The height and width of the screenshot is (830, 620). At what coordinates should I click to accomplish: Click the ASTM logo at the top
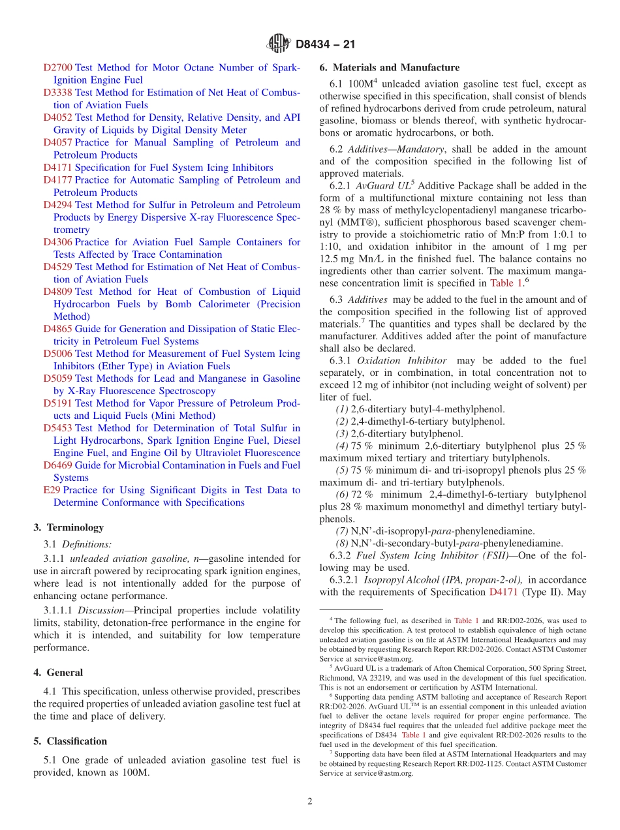tap(279, 44)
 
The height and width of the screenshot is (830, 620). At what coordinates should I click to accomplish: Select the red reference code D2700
tap(57, 68)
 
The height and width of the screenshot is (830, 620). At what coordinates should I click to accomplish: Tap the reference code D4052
tap(57, 117)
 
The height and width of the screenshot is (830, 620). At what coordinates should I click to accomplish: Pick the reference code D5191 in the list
tap(57, 403)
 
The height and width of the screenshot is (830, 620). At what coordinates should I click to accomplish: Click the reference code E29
tap(52, 490)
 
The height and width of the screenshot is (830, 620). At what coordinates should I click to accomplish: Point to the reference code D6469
tap(57, 465)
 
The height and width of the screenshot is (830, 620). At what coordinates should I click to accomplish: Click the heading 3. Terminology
tap(68, 527)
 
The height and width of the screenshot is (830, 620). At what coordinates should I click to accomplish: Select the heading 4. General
tap(58, 673)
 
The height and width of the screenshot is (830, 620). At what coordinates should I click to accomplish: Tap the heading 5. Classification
tap(70, 741)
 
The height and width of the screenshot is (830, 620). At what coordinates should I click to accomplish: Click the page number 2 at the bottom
tap(310, 801)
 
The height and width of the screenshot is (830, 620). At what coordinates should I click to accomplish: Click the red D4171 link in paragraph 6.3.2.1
tap(502, 592)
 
